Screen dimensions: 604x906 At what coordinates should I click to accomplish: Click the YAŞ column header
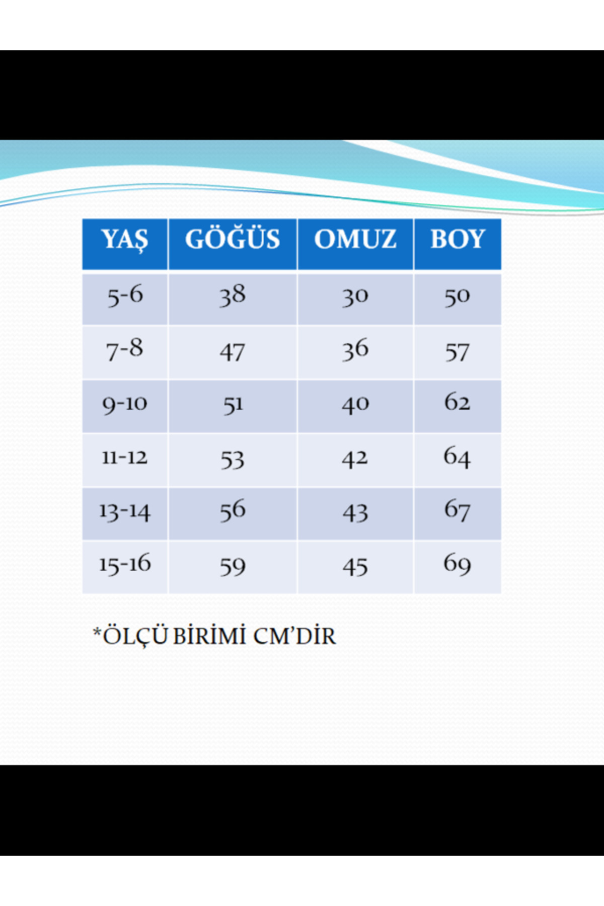[x=125, y=239]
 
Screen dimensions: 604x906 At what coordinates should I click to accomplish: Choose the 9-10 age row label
[x=125, y=404]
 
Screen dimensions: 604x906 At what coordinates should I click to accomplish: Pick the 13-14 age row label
[x=125, y=511]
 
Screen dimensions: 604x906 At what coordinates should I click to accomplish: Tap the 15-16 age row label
[x=125, y=564]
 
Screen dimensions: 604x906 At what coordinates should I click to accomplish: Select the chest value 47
[x=233, y=352]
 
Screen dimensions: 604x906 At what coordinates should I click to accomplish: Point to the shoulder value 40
[x=355, y=405]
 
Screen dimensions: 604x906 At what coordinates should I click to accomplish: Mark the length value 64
[x=457, y=457]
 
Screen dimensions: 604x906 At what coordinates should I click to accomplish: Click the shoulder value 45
[x=355, y=567]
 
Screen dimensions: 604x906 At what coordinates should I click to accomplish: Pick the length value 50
[x=457, y=296]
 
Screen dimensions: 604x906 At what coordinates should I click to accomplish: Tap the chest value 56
[x=233, y=510]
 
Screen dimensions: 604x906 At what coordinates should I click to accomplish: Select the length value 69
[x=457, y=564]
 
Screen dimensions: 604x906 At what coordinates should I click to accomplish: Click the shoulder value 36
[x=355, y=350]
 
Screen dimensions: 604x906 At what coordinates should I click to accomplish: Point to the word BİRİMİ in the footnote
[x=209, y=636]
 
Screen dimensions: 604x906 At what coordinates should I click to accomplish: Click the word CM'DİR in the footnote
[x=294, y=636]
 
